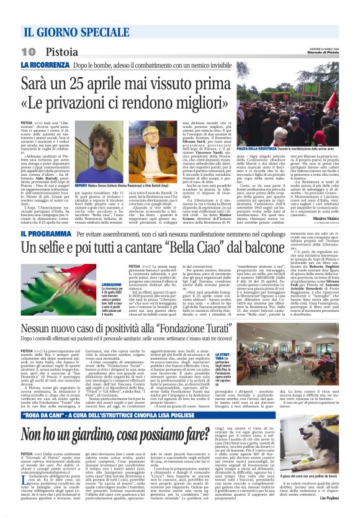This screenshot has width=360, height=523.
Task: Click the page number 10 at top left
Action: coord(28,51)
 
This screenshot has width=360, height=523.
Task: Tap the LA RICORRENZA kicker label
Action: coord(43,65)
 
